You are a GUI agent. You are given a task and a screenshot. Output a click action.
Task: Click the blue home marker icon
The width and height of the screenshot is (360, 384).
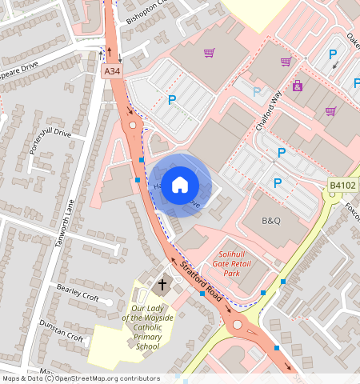180,184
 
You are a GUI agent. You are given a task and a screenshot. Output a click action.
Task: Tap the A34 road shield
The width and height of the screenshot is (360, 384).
113,72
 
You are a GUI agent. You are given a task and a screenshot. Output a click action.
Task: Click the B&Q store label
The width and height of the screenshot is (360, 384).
272,220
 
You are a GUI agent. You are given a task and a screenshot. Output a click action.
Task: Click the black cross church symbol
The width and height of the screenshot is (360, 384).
162,284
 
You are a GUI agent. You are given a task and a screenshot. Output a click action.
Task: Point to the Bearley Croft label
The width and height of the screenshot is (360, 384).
77,292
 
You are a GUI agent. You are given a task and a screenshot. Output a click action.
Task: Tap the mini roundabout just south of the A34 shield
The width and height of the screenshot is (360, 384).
131,126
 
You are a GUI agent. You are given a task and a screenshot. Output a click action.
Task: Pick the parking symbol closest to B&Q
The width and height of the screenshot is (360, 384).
278,183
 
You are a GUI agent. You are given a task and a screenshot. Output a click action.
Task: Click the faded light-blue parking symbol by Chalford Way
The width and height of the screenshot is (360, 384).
257,91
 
